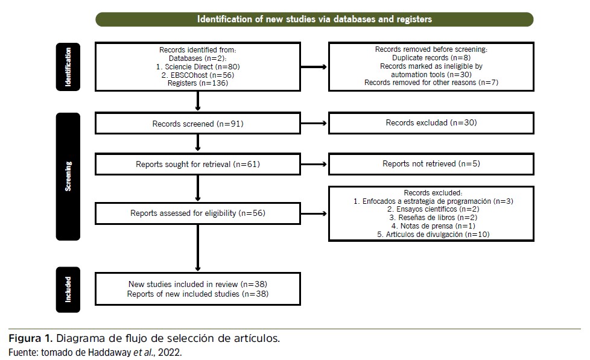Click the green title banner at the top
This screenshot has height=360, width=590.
[314, 19]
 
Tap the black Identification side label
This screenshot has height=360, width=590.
[68, 66]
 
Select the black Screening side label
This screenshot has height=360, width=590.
[68, 177]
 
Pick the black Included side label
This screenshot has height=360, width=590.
[68, 289]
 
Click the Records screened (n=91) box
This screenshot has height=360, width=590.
[198, 123]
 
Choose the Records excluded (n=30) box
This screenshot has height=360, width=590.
[431, 122]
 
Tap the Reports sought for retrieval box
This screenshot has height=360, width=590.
[198, 164]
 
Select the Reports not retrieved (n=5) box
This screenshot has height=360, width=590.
[431, 163]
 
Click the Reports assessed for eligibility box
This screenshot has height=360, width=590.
[198, 213]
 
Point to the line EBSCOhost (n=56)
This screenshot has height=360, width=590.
[198, 75]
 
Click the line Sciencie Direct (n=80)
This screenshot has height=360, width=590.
[198, 66]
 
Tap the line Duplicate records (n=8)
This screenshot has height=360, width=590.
[431, 57]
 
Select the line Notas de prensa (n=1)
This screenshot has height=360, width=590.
[433, 226]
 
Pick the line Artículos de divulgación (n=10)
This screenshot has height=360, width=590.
[433, 235]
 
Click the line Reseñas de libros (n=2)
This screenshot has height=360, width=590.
[433, 218]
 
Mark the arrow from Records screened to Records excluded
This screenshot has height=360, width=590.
[314, 123]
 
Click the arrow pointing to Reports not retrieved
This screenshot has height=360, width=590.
[314, 164]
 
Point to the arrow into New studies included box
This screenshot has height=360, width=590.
[198, 248]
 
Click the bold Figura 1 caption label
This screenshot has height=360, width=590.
[31, 338]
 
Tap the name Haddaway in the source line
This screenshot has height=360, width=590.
[110, 353]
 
